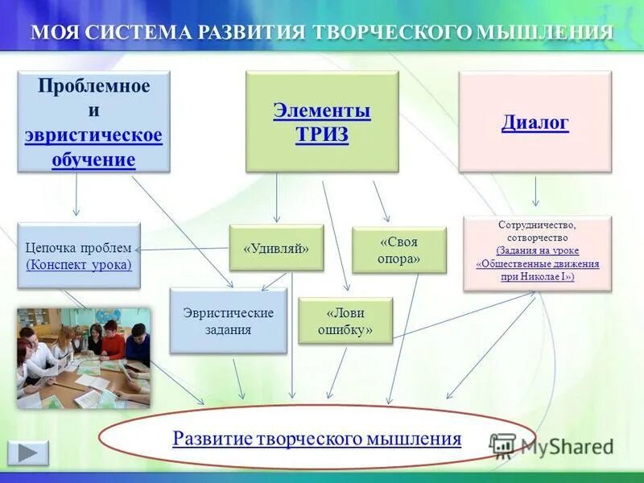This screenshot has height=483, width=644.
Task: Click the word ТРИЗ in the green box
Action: pos(322,134)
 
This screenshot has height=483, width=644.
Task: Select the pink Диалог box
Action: pos(535,122)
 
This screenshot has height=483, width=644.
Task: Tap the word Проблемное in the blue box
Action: pos(94,86)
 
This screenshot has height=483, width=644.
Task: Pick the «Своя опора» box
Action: pos(398,250)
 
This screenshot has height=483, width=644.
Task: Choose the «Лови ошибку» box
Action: pos(345,320)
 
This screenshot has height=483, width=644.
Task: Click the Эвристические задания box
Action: pos(228,320)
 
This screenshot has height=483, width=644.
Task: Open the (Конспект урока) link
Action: pos(79,265)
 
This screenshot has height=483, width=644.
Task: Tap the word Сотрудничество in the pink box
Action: pos(537,225)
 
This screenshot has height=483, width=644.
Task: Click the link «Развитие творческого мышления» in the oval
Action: pos(317,439)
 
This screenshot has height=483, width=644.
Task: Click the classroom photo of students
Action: pos(84,357)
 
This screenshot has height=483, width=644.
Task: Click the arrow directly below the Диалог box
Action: pos(536,192)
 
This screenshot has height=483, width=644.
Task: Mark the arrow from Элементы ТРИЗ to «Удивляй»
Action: pos(277,197)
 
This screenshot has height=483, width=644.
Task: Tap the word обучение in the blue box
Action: pos(94,159)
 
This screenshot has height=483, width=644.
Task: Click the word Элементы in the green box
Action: pos(322,110)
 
